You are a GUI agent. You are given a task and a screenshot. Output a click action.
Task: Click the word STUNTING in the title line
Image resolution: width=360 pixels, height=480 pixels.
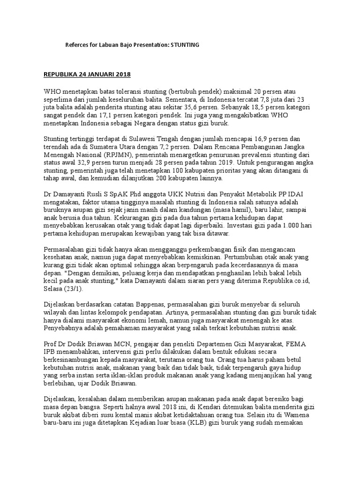click(185, 45)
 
